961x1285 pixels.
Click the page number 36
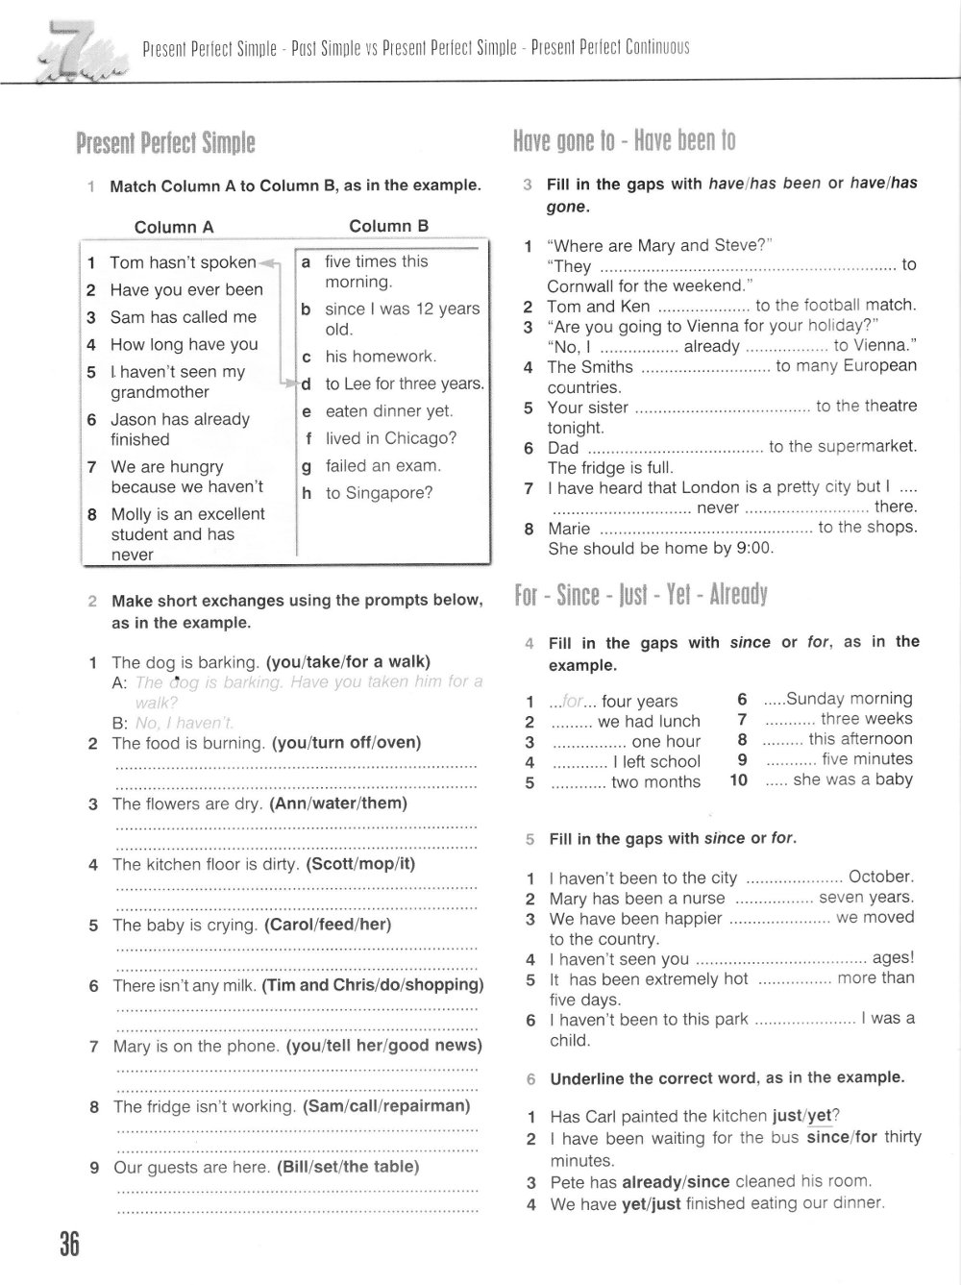[69, 1245]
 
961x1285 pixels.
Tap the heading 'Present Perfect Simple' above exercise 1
[165, 144]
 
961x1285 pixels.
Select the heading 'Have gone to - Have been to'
[625, 141]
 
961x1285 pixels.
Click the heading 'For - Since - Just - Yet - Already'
[640, 595]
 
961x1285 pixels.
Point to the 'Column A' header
[174, 228]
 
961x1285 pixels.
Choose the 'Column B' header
[388, 227]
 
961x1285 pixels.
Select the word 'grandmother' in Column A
[160, 392]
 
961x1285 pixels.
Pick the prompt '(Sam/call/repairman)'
[386, 1106]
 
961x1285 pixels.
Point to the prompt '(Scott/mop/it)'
[360, 864]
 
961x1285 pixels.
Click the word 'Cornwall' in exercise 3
[583, 285]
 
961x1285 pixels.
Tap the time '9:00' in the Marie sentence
[754, 549]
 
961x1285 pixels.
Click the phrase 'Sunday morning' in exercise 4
[849, 699]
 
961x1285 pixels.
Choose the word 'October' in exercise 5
[880, 877]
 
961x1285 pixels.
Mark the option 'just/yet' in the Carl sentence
[801, 1117]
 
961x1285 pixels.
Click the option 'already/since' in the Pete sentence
[676, 1181]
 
